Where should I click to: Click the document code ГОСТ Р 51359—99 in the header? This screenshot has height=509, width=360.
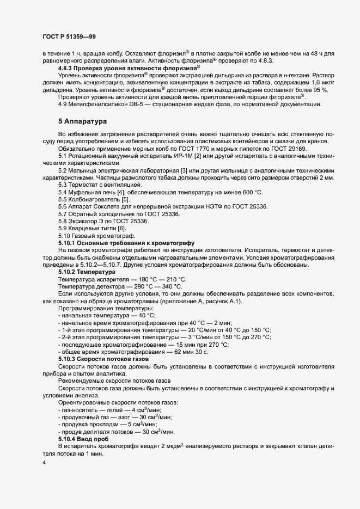(70, 36)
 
